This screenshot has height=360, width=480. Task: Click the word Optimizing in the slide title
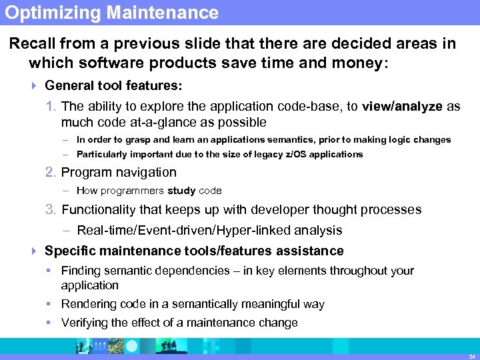click(45, 13)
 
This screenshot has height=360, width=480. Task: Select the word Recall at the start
click(32, 44)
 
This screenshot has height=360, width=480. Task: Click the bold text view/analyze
click(402, 107)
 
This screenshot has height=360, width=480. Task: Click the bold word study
click(181, 191)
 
